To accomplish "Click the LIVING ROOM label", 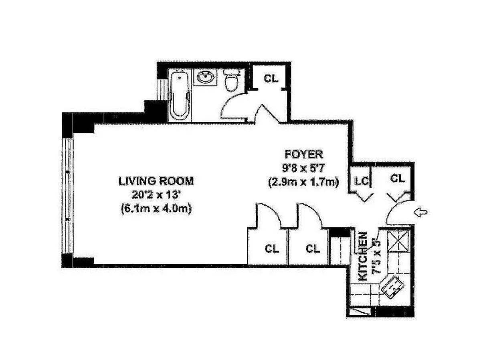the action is coord(156,181).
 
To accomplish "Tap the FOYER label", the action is coord(303,154).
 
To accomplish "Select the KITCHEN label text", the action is coord(362,256).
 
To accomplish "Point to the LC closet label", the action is coord(361,181).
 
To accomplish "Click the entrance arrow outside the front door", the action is coord(420,212).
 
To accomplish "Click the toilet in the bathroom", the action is coord(231,81).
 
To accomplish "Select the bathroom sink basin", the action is coord(206,77).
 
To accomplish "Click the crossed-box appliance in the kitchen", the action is coord(398,241).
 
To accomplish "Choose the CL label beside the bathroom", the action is coord(271,78).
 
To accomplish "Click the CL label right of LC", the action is coord(397,178).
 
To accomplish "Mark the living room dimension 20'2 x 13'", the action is coord(156,195).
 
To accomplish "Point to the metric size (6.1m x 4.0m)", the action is coord(156,208).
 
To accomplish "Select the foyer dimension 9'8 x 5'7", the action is coord(303,168).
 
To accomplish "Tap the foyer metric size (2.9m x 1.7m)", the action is coord(303,182).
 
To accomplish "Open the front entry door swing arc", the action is coord(393,208).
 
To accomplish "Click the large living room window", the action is coord(67,196).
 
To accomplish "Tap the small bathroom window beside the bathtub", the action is coord(162,90).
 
